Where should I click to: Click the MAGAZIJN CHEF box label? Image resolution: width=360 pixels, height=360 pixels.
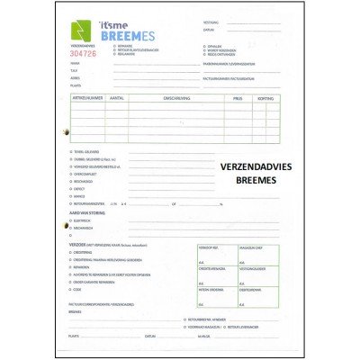(251, 247)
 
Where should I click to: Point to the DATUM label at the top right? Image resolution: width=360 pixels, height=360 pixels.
(209, 30)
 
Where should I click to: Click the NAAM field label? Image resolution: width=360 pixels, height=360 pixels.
(74, 64)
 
